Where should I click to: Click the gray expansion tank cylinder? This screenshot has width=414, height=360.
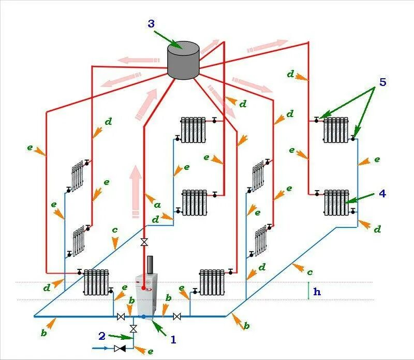[183, 61]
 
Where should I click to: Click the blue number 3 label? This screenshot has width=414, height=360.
[151, 23]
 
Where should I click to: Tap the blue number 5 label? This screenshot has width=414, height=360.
[382, 82]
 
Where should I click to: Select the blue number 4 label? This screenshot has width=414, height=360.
[382, 193]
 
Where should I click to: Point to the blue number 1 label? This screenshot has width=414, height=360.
[174, 340]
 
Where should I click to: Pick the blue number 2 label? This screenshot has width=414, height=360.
[102, 336]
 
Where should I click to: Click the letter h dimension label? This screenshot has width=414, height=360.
[317, 292]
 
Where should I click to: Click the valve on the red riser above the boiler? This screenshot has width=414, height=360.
[144, 242]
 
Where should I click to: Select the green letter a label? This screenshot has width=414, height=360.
[157, 205]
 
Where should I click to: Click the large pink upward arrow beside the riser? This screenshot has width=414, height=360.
[136, 189]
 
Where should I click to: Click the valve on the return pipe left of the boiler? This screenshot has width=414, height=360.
[121, 316]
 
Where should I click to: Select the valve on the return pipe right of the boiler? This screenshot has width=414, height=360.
[177, 316]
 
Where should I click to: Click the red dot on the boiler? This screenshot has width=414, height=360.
[143, 288]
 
